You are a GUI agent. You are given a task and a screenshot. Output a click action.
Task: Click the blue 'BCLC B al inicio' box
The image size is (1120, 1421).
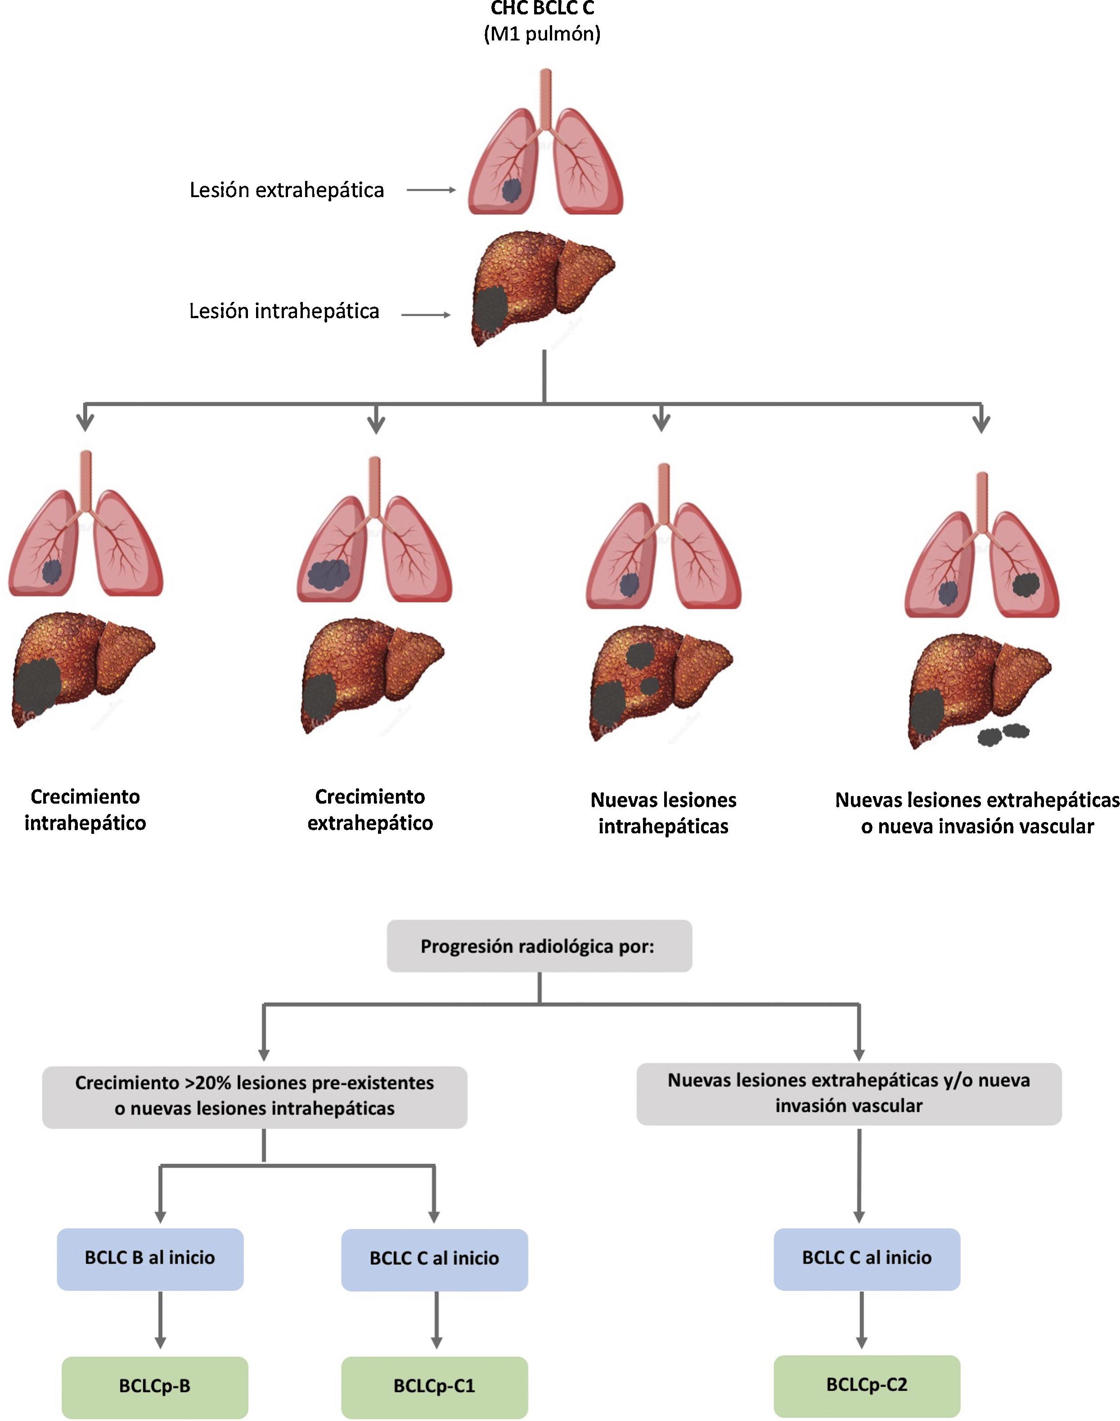coord(150,1258)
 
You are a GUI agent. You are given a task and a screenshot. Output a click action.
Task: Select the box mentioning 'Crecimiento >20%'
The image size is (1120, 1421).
coord(254,1096)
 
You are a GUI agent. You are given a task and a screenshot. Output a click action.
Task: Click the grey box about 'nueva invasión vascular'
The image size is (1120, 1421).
coord(849,1093)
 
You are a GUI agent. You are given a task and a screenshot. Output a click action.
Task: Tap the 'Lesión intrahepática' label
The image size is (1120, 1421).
coord(284,311)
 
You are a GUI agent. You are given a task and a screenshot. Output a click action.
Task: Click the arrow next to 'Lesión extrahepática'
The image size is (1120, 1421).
coord(431,190)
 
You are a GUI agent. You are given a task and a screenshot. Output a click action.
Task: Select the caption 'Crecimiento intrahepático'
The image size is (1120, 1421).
coord(85,810)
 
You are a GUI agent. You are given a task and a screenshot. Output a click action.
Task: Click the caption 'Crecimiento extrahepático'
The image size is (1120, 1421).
coord(370,810)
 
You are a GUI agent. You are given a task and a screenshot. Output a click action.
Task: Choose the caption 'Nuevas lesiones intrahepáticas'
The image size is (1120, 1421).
coord(663,813)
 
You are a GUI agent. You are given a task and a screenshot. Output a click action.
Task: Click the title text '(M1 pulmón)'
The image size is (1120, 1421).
coord(542,33)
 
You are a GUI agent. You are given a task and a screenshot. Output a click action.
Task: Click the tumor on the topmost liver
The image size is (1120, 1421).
coord(490,310)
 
